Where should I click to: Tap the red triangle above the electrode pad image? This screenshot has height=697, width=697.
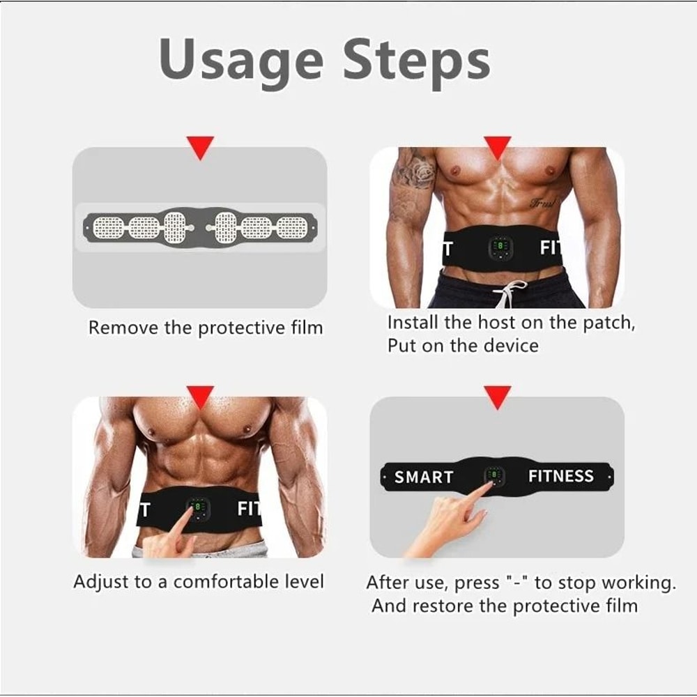pos(201,148)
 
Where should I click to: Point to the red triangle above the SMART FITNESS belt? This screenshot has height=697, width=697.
pos(497,397)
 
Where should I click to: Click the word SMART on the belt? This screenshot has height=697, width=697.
pos(424,477)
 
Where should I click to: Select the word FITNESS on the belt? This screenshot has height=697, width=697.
pos(560,476)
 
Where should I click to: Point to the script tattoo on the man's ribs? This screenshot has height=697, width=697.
pos(544,203)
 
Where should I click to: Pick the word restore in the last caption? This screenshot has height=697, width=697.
pos(443,606)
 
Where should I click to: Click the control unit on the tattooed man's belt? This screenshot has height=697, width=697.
pos(500,249)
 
